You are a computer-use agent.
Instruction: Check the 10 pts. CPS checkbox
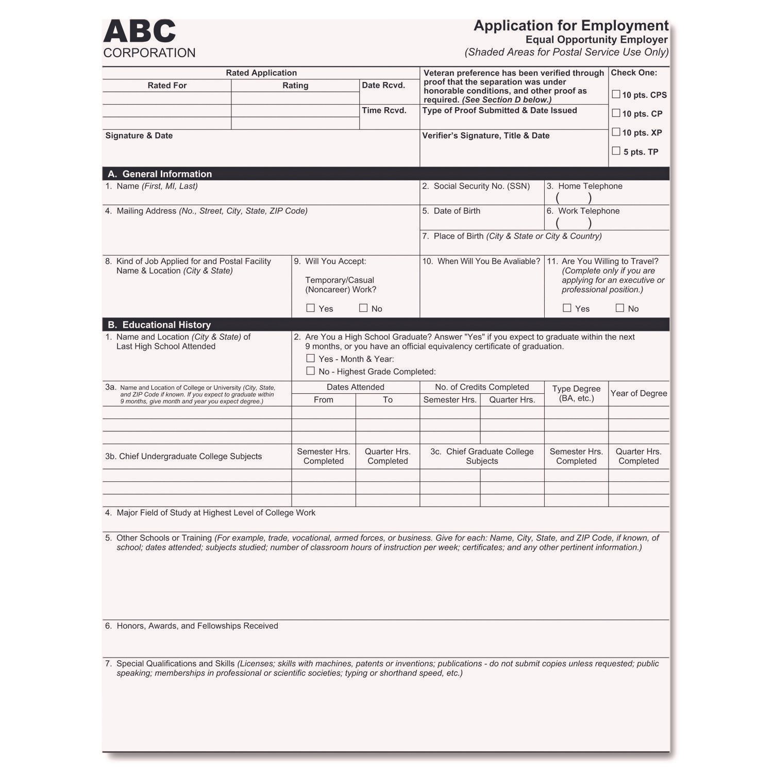click(616, 94)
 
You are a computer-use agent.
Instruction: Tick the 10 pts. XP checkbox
click(616, 132)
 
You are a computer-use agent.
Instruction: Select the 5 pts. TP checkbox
click(616, 151)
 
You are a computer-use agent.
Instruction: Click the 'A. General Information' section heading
click(160, 174)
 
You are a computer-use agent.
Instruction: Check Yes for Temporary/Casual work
click(310, 308)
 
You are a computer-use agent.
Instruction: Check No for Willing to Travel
click(620, 308)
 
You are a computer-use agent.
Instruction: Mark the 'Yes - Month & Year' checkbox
click(310, 358)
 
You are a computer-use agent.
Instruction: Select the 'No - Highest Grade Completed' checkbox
click(310, 371)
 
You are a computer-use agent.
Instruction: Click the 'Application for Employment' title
click(571, 26)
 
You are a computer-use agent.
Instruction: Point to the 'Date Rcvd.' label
click(383, 86)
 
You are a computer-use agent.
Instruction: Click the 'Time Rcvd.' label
click(384, 110)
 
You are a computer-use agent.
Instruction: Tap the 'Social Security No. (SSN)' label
click(481, 186)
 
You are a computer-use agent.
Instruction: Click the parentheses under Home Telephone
click(574, 198)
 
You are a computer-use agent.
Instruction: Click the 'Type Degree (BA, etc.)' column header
click(576, 394)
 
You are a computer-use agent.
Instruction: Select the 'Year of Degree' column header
click(638, 394)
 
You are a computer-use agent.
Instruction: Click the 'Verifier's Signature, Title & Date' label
click(485, 136)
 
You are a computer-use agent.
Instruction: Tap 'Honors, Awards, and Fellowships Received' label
click(197, 626)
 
